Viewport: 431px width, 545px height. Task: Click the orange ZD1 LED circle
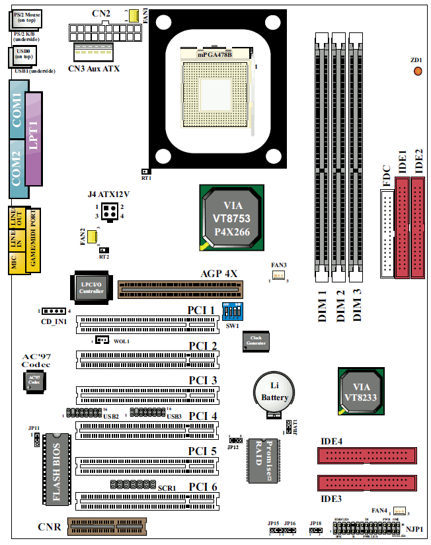click(418, 70)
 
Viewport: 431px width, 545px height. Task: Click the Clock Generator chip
click(256, 341)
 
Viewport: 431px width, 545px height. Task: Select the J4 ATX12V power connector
click(109, 211)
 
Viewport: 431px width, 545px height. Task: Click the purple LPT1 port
click(33, 142)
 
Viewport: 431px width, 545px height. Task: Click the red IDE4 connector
click(367, 456)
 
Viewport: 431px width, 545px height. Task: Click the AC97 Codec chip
click(34, 381)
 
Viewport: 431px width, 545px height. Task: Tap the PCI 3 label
click(202, 380)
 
